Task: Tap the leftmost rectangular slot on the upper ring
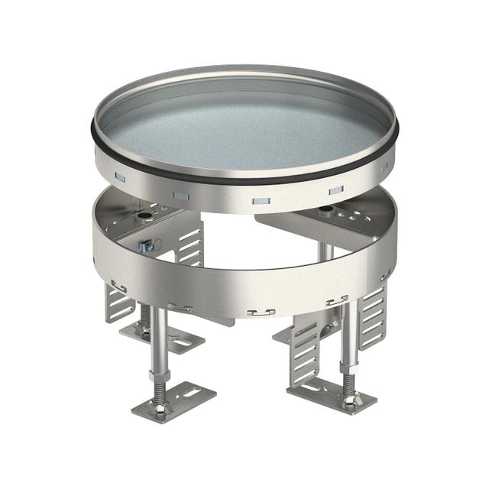120,177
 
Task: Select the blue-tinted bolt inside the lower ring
145,246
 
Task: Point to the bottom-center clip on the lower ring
261,312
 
